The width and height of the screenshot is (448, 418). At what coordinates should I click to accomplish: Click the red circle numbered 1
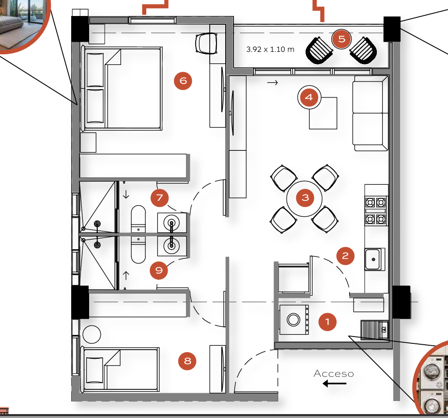pyautogui.click(x=327, y=322)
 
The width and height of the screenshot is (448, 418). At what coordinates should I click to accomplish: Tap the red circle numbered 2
pyautogui.click(x=345, y=256)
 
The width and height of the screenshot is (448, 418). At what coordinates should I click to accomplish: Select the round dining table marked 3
pyautogui.click(x=305, y=198)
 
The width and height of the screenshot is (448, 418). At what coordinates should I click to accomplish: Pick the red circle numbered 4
pyautogui.click(x=309, y=97)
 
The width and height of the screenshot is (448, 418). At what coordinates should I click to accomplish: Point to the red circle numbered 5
pyautogui.click(x=342, y=39)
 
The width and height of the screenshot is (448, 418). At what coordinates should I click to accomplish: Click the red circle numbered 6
pyautogui.click(x=183, y=80)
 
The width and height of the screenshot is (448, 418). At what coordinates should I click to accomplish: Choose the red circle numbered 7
pyautogui.click(x=159, y=198)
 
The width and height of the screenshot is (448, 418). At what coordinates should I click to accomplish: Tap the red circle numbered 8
pyautogui.click(x=187, y=361)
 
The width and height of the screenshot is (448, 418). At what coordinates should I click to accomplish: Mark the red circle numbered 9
pyautogui.click(x=159, y=270)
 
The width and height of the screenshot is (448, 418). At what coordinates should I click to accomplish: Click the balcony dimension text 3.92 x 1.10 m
pyautogui.click(x=270, y=49)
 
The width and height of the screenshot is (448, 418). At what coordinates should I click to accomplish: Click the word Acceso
pyautogui.click(x=333, y=373)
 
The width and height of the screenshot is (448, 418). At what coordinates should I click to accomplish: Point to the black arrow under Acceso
pyautogui.click(x=335, y=384)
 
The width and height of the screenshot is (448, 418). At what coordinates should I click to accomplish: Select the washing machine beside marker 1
pyautogui.click(x=294, y=320)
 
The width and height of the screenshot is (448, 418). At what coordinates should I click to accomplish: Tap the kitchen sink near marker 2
pyautogui.click(x=374, y=259)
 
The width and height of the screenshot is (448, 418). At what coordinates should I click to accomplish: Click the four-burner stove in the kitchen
pyautogui.click(x=376, y=211)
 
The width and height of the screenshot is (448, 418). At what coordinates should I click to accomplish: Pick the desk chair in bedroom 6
pyautogui.click(x=206, y=43)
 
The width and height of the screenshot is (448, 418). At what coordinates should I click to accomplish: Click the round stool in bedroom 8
pyautogui.click(x=92, y=335)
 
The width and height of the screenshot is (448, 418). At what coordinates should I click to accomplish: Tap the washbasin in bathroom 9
pyautogui.click(x=172, y=246)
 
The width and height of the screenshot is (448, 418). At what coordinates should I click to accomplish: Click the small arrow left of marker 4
pyautogui.click(x=272, y=83)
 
